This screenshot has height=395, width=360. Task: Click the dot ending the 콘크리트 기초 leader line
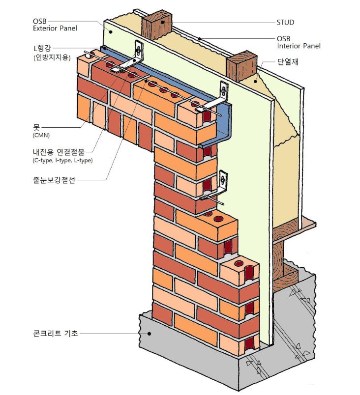[148, 334]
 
